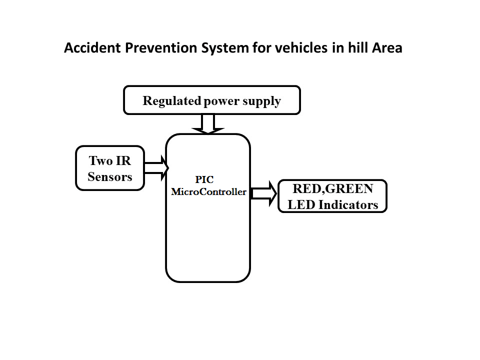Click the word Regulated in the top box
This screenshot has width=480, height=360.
171,101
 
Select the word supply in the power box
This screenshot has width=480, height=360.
261,101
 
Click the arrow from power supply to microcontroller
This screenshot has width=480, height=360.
207,124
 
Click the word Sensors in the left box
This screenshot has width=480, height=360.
109,176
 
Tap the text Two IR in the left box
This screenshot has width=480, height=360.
109,161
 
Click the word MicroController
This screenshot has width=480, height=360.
208,191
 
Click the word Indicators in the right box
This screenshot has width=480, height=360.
348,204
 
